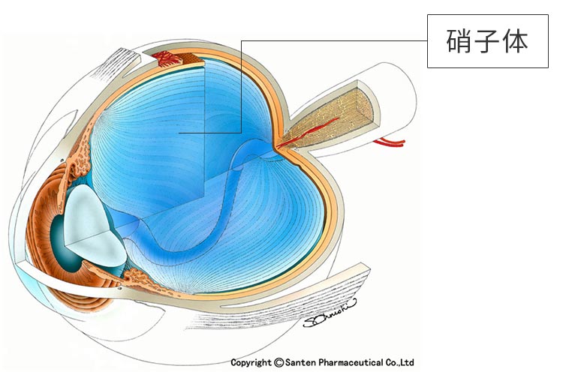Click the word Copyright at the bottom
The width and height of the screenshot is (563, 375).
click(251, 363)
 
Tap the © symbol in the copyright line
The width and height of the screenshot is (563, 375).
click(279, 363)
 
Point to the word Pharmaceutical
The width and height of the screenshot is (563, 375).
click(351, 363)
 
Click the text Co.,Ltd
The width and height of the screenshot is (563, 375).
click(399, 363)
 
